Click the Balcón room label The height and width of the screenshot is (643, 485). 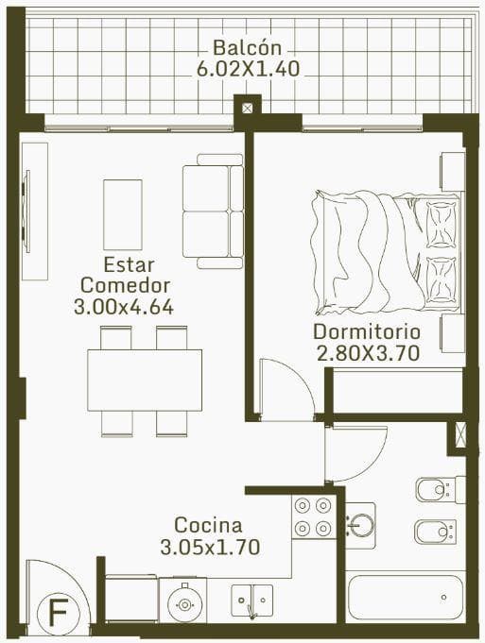tap(247, 47)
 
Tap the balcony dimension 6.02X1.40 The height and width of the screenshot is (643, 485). tap(248, 69)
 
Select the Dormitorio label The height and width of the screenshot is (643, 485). tap(367, 331)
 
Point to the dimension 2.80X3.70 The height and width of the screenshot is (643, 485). tap(368, 353)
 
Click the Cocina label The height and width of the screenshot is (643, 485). tap(208, 525)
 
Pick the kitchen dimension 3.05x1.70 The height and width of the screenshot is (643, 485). tap(210, 547)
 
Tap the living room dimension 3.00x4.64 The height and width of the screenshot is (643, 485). tap(124, 307)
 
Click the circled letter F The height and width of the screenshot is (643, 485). tap(58, 611)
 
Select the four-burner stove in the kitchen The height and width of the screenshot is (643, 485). tap(313, 516)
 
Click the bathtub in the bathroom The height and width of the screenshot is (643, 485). tap(406, 597)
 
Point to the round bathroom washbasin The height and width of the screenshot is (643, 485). tap(360, 526)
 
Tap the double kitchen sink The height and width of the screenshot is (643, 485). tap(252, 601)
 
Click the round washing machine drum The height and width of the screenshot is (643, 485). tap(184, 604)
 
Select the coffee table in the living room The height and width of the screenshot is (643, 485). tap(123, 214)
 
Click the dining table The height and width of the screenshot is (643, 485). tap(145, 381)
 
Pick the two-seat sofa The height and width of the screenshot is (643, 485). tap(213, 212)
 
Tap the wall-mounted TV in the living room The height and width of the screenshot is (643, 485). tap(26, 212)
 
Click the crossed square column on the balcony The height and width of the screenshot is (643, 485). tap(247, 109)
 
